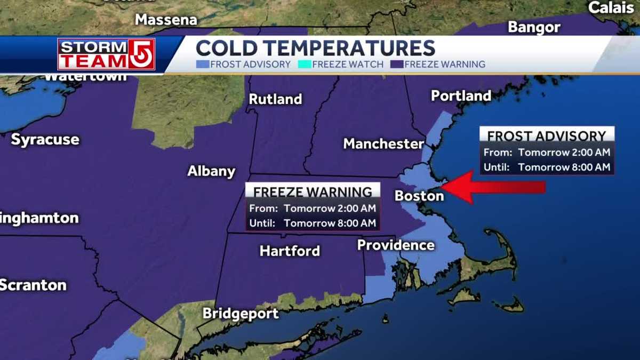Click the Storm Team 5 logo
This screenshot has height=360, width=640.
(x=106, y=54)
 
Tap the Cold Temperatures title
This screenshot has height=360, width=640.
(x=315, y=48)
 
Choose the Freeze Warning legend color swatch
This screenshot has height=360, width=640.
(x=396, y=65)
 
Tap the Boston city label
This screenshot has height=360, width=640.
(x=419, y=196)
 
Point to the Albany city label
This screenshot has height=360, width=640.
(x=211, y=171)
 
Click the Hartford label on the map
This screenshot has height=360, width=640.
(x=290, y=251)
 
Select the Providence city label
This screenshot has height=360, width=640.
(x=396, y=245)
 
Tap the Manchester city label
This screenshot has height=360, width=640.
(x=383, y=143)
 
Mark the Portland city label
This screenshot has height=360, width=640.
(x=461, y=96)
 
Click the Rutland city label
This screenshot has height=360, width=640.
(x=275, y=99)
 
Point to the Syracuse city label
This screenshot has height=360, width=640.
(x=45, y=140)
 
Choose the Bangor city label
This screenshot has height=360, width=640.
(x=534, y=27)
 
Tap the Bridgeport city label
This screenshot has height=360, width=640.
(x=241, y=314)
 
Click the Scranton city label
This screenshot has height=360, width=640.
(x=33, y=285)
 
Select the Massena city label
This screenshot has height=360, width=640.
(x=166, y=20)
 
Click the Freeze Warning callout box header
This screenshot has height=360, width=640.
(x=313, y=191)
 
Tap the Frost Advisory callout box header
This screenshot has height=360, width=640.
(x=547, y=135)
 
